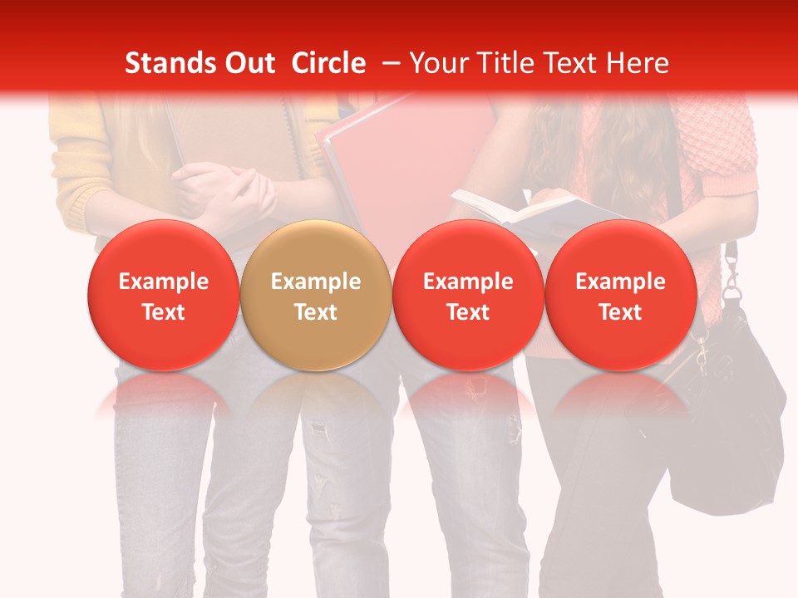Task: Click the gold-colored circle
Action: [x=316, y=295]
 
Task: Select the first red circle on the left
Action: [x=164, y=295]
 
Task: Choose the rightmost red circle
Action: [x=621, y=295]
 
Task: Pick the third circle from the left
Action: [x=468, y=295]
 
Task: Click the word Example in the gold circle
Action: [x=316, y=282]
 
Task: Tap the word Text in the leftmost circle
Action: [x=164, y=312]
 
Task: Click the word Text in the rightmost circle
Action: [x=621, y=312]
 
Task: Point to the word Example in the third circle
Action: [x=468, y=282]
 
